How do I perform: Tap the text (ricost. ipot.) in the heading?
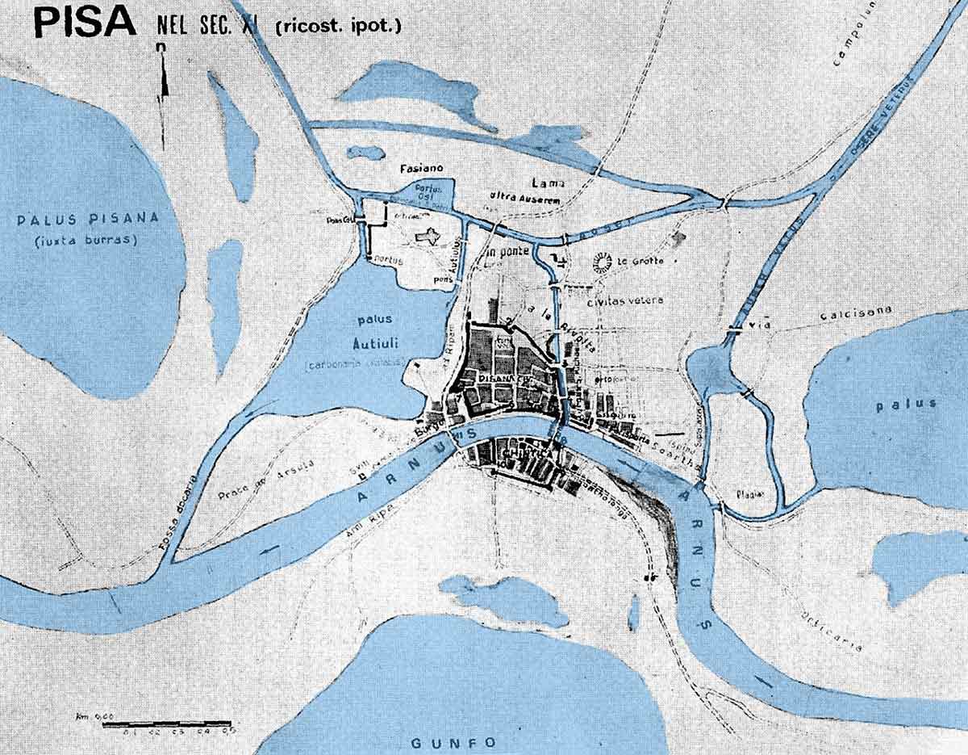[x=338, y=26]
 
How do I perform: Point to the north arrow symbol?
[x=162, y=81]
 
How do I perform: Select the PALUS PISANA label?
[x=89, y=219]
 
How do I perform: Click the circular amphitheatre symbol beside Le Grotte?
[x=601, y=260]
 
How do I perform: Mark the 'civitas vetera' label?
[x=625, y=300]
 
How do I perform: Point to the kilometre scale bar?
[x=167, y=724]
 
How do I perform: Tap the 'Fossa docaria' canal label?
[x=178, y=514]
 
